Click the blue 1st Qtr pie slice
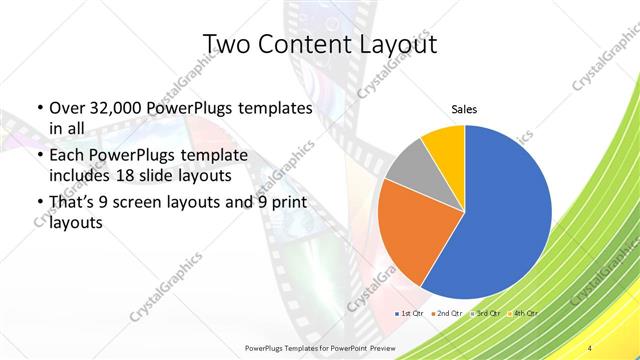coord(505,210)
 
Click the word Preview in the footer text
coord(375,346)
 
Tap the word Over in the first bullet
coord(67,108)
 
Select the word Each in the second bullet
coord(67,157)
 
